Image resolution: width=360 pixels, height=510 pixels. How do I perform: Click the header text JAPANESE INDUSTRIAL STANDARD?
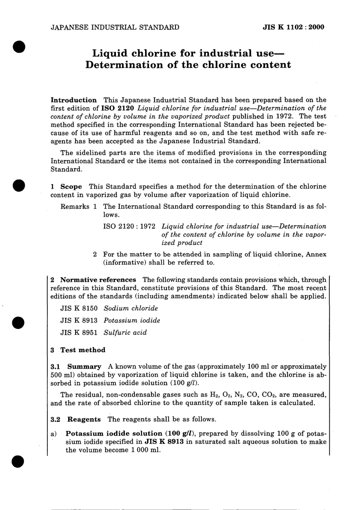pos(115,27)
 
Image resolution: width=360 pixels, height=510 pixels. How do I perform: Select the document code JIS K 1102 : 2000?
pos(293,27)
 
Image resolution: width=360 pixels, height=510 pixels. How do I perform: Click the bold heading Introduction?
pos(74,100)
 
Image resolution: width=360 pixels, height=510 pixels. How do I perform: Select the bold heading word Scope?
pos(71,187)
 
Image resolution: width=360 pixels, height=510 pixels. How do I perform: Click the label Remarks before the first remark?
pos(75,207)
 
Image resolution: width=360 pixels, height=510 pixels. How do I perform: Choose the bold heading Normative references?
pos(98,280)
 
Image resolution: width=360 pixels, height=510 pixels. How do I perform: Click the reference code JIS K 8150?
pos(79,308)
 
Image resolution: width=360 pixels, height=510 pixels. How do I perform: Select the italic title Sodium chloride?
pos(131,308)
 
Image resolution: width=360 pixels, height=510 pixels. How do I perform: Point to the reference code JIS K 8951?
pos(79,333)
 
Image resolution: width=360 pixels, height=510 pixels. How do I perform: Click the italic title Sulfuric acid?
pos(125,333)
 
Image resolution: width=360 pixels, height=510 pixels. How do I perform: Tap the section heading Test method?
pos(83,350)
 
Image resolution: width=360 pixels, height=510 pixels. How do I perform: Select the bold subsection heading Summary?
pos(84,367)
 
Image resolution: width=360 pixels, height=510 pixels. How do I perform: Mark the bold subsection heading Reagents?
pos(84,419)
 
